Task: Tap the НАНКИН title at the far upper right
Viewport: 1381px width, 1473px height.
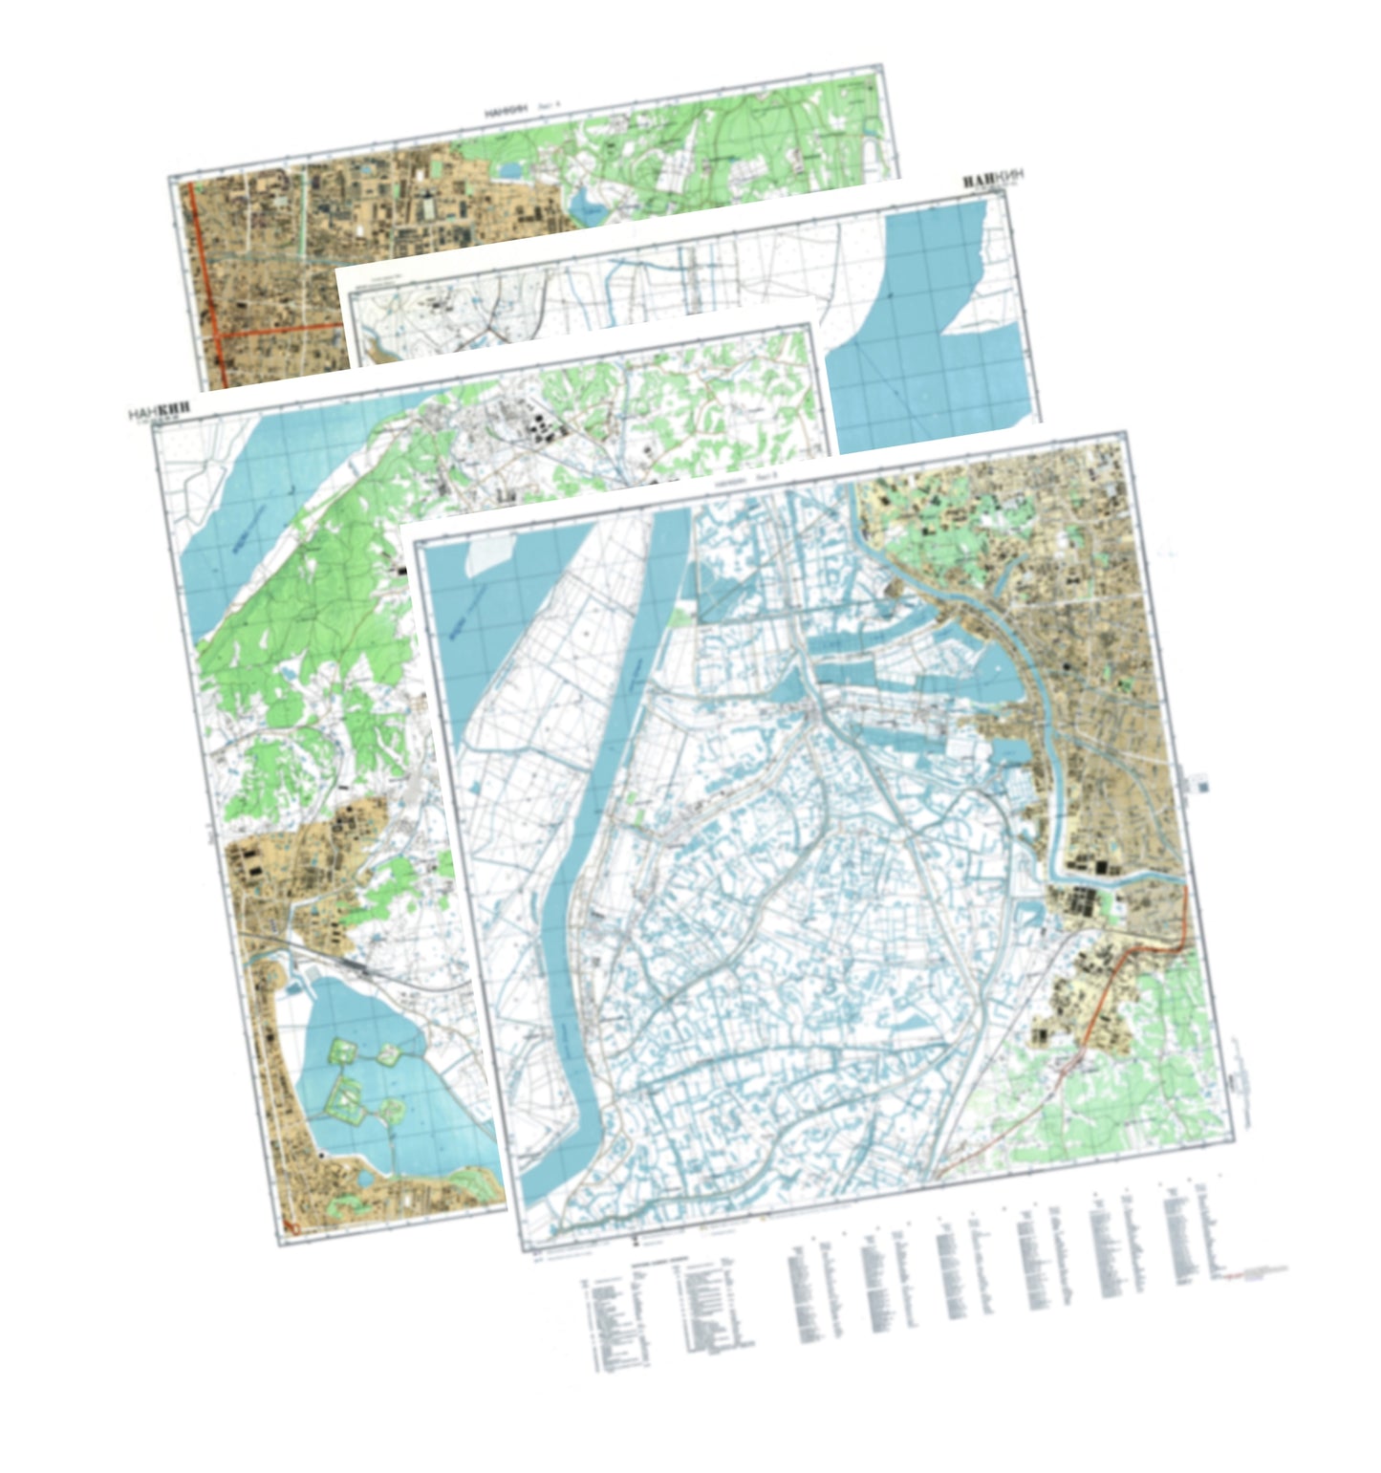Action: [991, 180]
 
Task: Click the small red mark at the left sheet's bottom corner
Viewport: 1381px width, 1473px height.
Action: [291, 1224]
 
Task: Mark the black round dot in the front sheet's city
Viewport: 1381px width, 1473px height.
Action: [1065, 665]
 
